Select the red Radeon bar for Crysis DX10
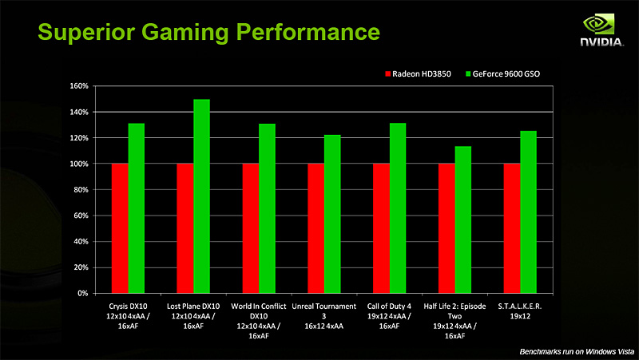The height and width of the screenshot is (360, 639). [x=119, y=228]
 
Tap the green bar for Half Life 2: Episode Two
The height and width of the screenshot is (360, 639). [x=463, y=220]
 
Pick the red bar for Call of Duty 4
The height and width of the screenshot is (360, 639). [x=381, y=228]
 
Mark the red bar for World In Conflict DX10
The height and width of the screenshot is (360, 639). [x=250, y=228]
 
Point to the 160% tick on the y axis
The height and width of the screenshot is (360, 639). [x=77, y=86]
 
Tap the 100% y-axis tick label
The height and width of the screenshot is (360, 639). [x=77, y=164]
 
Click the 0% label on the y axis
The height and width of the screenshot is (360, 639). [x=81, y=294]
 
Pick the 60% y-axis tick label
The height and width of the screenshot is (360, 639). [x=79, y=216]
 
